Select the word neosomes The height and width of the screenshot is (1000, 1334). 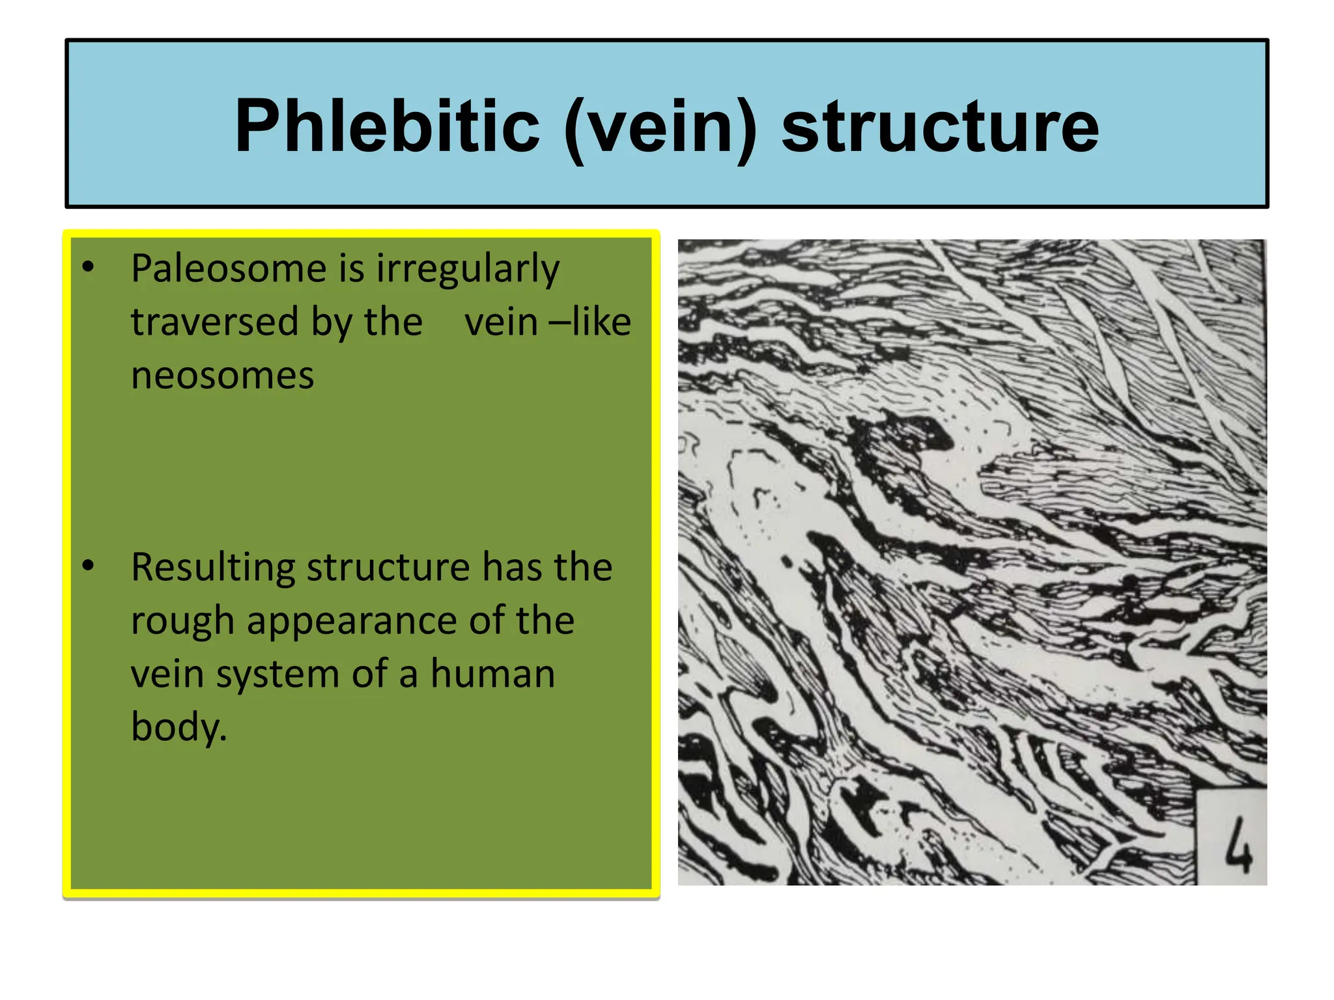click(x=222, y=376)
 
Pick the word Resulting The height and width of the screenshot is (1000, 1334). click(x=213, y=568)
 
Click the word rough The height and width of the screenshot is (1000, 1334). click(x=182, y=621)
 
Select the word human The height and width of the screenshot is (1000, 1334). click(x=492, y=674)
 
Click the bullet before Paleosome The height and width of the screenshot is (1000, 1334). click(x=88, y=267)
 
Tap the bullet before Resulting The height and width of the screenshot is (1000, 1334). click(x=88, y=566)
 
